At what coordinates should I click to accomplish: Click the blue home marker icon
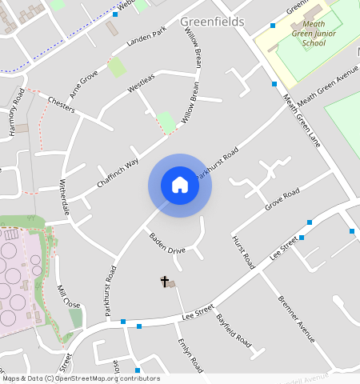click(x=180, y=185)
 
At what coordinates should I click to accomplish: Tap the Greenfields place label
click(x=212, y=22)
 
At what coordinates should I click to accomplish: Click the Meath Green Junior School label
click(x=302, y=34)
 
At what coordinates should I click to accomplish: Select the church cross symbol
click(x=165, y=282)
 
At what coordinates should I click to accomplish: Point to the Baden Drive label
click(x=167, y=243)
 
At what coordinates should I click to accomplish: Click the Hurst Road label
click(x=242, y=252)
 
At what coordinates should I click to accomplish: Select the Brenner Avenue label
click(x=296, y=319)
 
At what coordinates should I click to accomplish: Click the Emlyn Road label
click(x=190, y=354)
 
